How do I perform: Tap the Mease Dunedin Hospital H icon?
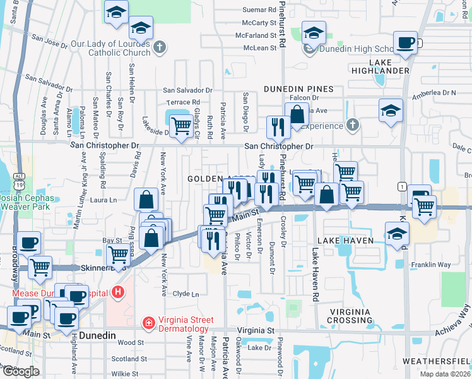coord(117,292)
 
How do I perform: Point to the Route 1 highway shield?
coord(401,186)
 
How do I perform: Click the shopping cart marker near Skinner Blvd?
coord(119,254)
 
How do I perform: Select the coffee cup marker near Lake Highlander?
coord(404,42)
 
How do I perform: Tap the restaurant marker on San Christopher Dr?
coord(277,126)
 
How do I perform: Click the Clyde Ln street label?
coord(186,294)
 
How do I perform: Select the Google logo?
coord(21,371)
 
